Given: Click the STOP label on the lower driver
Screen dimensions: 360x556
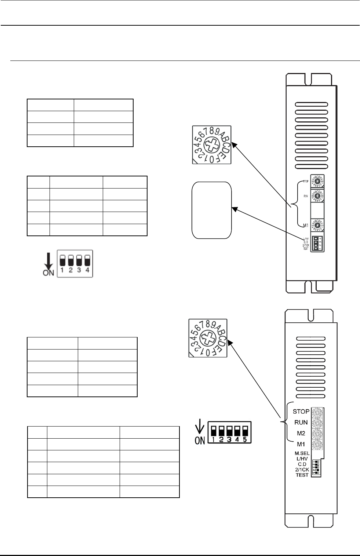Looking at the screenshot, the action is [x=301, y=411].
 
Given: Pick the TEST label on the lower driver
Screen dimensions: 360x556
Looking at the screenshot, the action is [x=302, y=475].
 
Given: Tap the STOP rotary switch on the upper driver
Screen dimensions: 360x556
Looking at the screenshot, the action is [x=317, y=182].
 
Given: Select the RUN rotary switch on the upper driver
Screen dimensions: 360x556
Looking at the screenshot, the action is [x=317, y=196].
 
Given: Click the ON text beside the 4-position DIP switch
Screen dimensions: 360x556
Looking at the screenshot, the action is [x=48, y=273].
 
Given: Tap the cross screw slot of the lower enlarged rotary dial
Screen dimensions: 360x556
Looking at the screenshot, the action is [x=208, y=338].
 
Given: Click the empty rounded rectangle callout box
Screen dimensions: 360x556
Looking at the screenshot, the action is [x=212, y=210].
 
